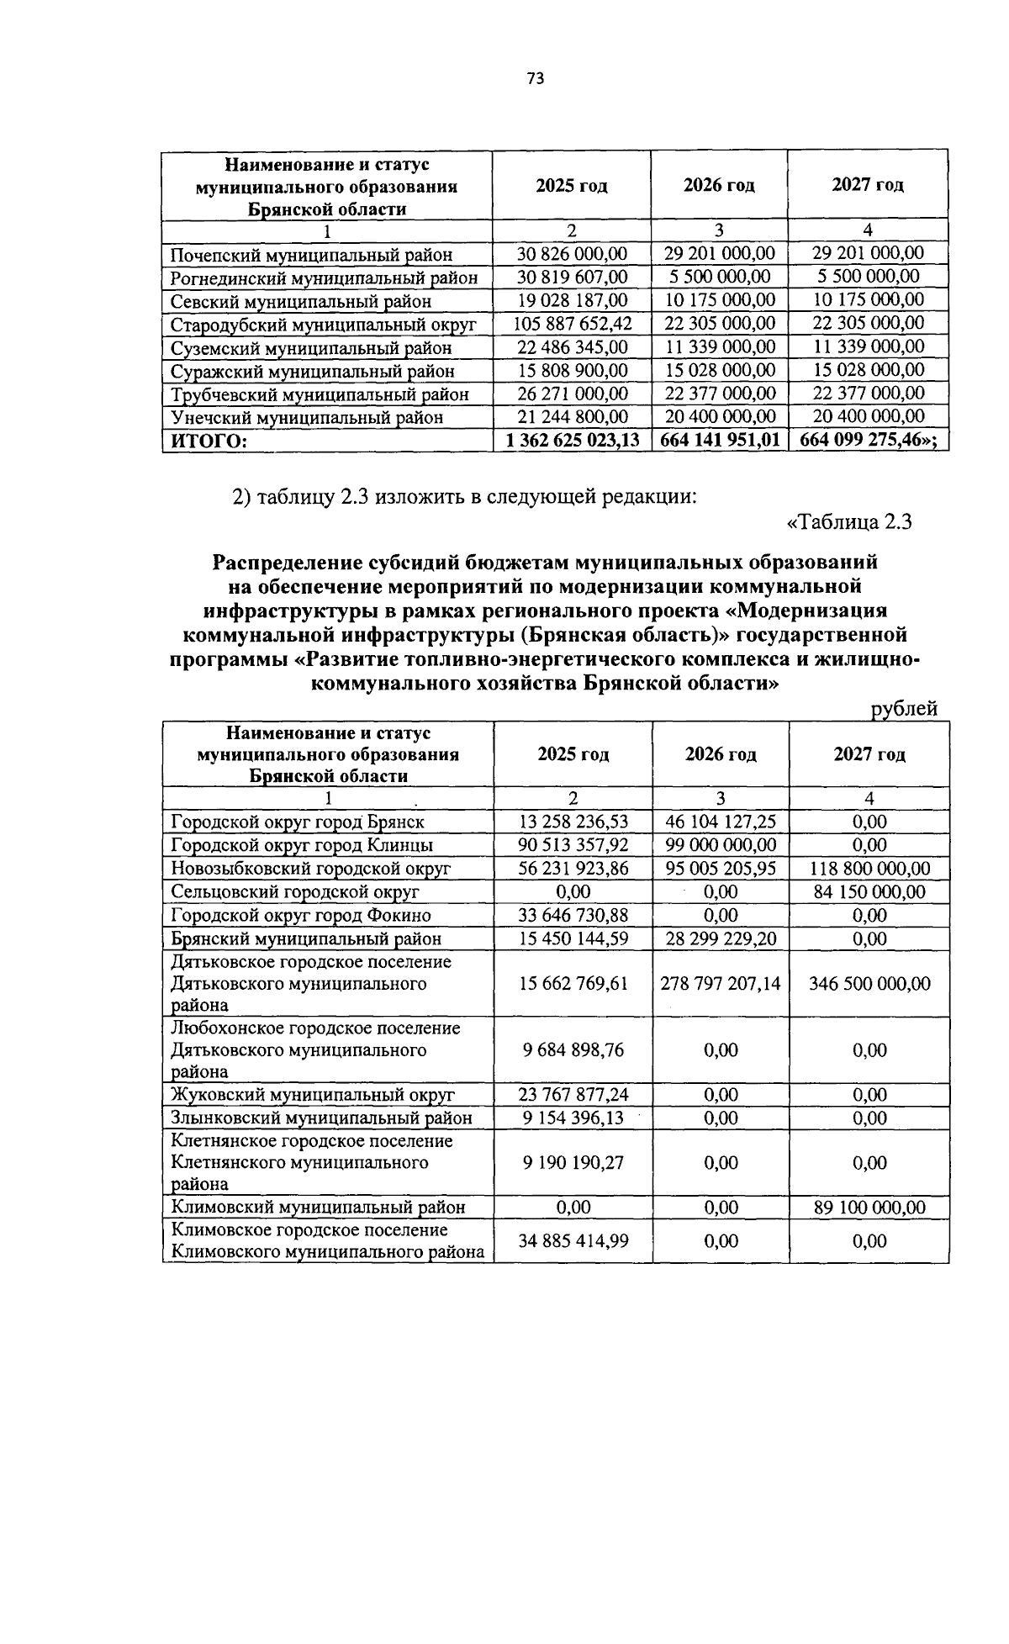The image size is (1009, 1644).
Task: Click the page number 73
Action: coord(535,79)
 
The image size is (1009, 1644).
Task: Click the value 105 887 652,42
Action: coord(573,324)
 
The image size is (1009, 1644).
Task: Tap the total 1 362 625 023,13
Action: coord(573,439)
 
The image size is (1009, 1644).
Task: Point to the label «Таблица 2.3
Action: coord(848,522)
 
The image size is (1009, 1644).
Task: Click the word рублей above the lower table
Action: coord(903,709)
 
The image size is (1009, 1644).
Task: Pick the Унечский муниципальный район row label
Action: coord(307,417)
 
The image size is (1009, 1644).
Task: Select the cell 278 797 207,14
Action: coord(721,983)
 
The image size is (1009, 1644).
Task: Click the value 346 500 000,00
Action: coord(869,983)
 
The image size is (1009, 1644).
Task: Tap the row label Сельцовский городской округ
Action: coord(295,892)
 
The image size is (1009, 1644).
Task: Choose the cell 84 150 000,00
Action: coord(869,892)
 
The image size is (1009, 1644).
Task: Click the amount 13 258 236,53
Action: coord(573,822)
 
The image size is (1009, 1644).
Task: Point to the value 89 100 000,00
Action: coord(869,1208)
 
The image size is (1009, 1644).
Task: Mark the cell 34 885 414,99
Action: coord(573,1241)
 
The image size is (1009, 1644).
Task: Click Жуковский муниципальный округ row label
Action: coord(313,1095)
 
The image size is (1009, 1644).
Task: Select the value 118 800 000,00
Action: coord(869,869)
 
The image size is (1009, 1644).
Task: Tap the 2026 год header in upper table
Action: coord(719,185)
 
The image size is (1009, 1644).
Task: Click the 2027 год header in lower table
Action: coord(869,754)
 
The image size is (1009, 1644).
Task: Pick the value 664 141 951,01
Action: coord(720,439)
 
